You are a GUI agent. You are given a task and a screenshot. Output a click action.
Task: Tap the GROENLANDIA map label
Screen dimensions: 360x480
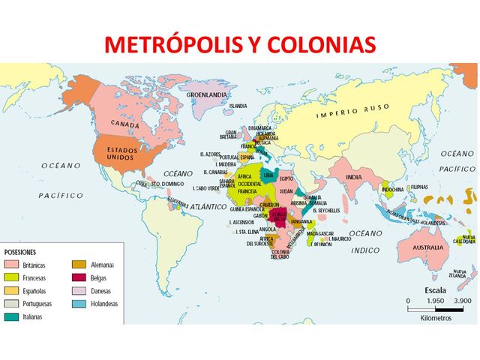click(x=206, y=95)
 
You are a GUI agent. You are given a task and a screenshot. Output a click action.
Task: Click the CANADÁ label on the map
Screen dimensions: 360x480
click(x=125, y=123)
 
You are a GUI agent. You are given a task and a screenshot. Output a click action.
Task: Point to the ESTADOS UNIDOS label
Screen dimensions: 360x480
click(x=122, y=152)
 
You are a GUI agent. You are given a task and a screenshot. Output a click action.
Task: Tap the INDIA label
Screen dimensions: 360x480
click(x=356, y=178)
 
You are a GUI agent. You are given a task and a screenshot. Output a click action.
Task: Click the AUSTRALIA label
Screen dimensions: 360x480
click(x=427, y=248)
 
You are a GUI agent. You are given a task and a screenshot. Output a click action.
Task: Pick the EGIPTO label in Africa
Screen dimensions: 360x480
click(x=286, y=179)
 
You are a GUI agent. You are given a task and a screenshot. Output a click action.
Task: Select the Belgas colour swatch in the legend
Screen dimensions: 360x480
click(x=78, y=277)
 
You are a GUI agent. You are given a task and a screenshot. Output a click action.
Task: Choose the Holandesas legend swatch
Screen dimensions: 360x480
click(x=78, y=304)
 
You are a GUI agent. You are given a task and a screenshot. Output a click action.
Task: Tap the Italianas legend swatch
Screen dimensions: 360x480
click(x=12, y=316)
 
